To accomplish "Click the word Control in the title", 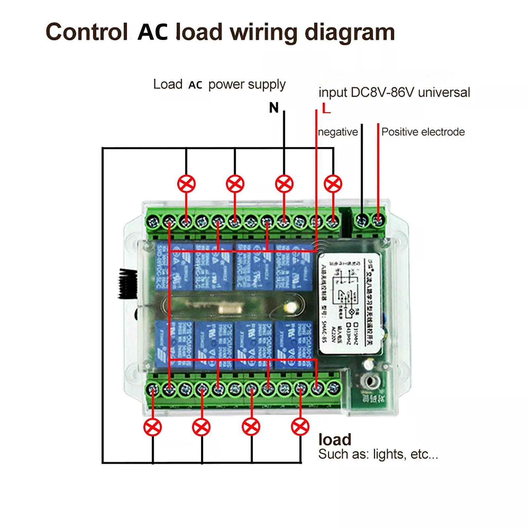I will pyautogui.click(x=87, y=32).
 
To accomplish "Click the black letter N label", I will pyautogui.click(x=274, y=108).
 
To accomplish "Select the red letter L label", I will pyautogui.click(x=326, y=108).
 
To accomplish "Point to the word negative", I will pyautogui.click(x=338, y=132).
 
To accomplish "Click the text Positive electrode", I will pyautogui.click(x=423, y=132).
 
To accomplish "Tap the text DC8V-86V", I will pyautogui.click(x=382, y=93).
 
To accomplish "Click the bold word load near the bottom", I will pyautogui.click(x=335, y=440).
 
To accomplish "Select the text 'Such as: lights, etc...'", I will pyautogui.click(x=378, y=454).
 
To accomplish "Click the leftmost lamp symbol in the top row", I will pyautogui.click(x=186, y=184).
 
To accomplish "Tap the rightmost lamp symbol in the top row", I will pyautogui.click(x=333, y=184).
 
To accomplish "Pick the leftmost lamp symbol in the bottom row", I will pyautogui.click(x=153, y=427).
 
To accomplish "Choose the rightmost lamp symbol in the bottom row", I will pyautogui.click(x=300, y=427).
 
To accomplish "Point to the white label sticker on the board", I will pyautogui.click(x=350, y=304).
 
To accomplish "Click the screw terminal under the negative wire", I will pyautogui.click(x=362, y=220).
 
